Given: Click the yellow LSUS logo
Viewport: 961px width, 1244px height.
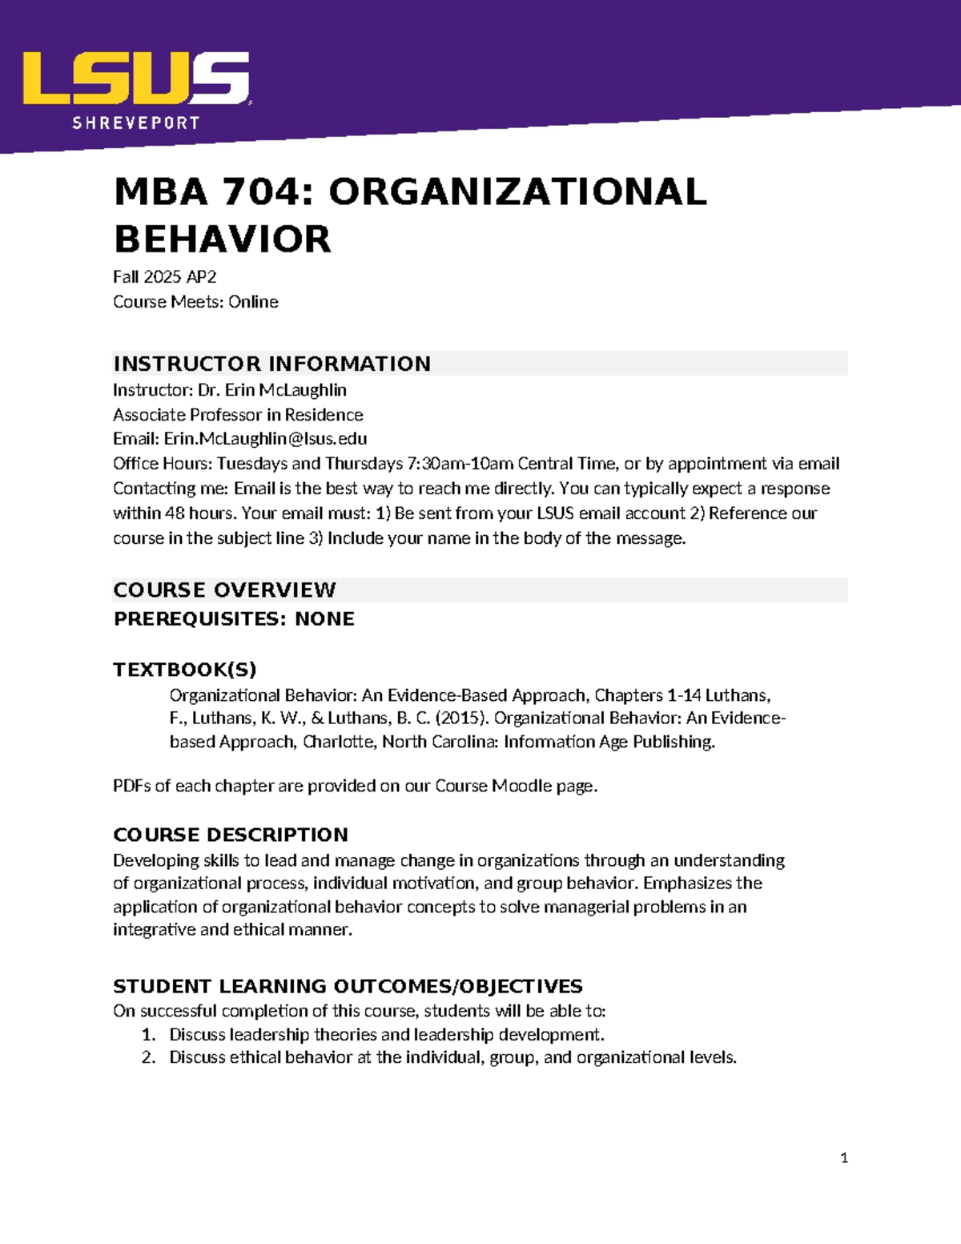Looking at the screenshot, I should tap(136, 78).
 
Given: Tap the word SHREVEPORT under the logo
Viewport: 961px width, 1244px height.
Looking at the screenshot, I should tap(136, 123).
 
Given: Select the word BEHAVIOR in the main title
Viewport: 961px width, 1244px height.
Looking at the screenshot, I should tap(223, 240).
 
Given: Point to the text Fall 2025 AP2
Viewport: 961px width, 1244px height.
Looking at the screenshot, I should tap(165, 277).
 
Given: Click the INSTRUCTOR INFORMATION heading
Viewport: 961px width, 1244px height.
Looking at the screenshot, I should tap(272, 364).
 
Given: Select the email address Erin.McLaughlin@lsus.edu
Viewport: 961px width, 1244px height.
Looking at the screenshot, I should tap(265, 439).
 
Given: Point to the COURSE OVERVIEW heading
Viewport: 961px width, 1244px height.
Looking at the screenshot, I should tap(224, 590).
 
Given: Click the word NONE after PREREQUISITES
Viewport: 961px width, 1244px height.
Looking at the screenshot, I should tap(324, 619).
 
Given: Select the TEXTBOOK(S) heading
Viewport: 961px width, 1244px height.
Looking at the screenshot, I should tap(185, 670).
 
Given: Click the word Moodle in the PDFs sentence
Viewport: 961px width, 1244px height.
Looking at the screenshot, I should tap(521, 786).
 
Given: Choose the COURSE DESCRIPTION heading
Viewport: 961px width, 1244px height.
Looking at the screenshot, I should tap(231, 835).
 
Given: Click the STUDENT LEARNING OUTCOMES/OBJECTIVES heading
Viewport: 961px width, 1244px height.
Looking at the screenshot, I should tap(348, 986).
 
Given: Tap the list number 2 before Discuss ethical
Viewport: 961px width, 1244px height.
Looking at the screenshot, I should tap(148, 1057).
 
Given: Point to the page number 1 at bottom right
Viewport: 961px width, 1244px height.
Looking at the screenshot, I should tap(844, 1157).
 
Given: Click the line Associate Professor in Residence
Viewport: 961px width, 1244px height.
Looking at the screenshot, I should tap(238, 415).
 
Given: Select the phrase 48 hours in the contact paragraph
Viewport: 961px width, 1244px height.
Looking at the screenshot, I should tap(199, 513).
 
